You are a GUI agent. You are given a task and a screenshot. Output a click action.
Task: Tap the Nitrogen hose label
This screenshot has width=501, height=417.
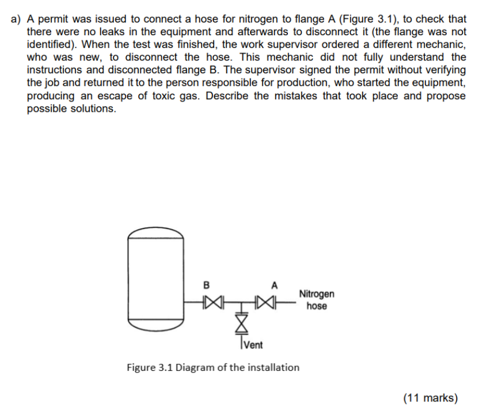pos(316,299)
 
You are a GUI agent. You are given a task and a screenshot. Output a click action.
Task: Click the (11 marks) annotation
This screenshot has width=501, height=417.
pos(430,397)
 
